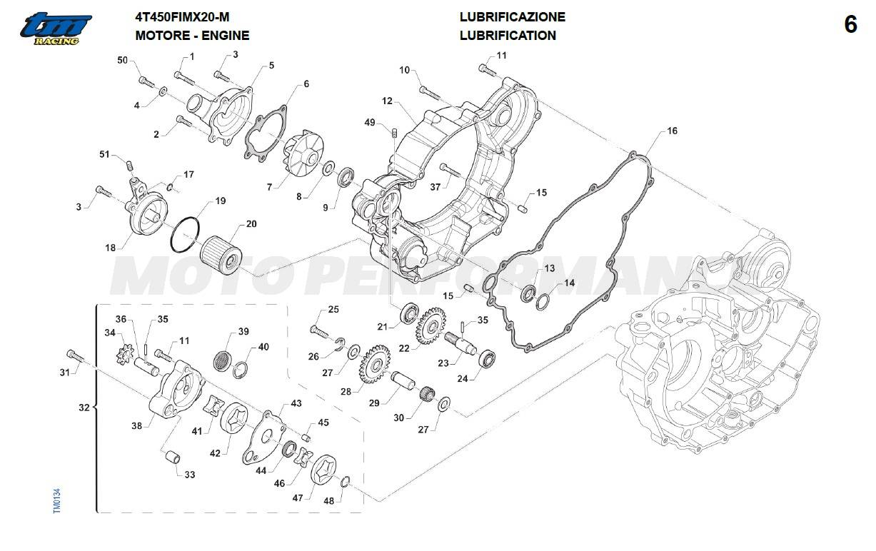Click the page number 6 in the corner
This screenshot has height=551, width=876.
(850, 25)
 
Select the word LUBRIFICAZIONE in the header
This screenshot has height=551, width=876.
(513, 17)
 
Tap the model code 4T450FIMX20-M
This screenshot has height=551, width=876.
(182, 17)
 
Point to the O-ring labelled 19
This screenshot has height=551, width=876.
(186, 235)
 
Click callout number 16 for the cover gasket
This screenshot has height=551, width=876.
(672, 131)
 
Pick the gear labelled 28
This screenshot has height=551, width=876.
(375, 365)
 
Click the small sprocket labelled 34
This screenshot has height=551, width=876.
(126, 353)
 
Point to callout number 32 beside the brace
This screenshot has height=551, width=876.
(84, 408)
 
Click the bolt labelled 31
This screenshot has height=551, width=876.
(76, 356)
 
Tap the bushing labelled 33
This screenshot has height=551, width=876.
(171, 457)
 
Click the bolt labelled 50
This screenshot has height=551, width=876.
(146, 82)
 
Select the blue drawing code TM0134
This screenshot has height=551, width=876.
(56, 500)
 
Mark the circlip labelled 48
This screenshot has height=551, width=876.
(346, 482)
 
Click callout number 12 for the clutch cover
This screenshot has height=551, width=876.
(387, 101)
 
